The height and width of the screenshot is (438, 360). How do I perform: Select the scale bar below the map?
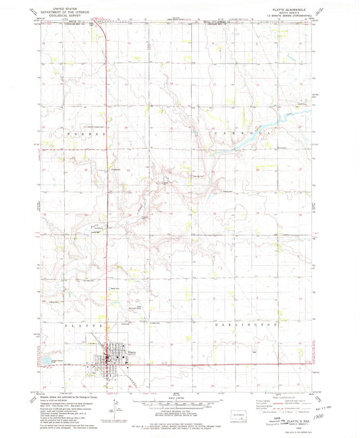[180, 395]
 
